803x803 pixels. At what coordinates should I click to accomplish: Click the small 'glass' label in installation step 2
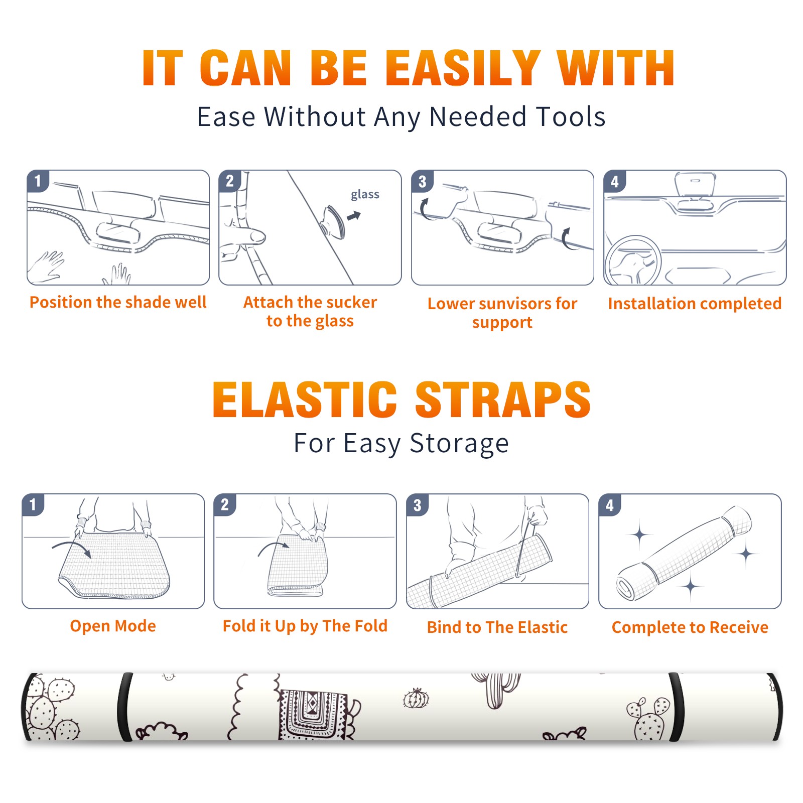pyautogui.click(x=365, y=195)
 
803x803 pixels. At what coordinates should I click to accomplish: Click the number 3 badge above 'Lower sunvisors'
pyautogui.click(x=422, y=181)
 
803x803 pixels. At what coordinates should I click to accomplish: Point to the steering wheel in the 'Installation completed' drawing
pyautogui.click(x=633, y=260)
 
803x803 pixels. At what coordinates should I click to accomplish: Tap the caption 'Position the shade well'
pyautogui.click(x=118, y=302)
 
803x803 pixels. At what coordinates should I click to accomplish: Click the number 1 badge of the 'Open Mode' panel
pyautogui.click(x=33, y=504)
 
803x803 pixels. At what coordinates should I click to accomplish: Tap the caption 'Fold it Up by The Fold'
pyautogui.click(x=305, y=626)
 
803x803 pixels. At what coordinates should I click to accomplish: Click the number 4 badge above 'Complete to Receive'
pyautogui.click(x=610, y=505)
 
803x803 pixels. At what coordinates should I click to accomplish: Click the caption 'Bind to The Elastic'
pyautogui.click(x=497, y=627)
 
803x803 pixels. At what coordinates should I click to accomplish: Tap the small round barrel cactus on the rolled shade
pyautogui.click(x=416, y=698)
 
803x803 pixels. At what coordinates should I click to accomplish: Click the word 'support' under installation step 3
pyautogui.click(x=502, y=322)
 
